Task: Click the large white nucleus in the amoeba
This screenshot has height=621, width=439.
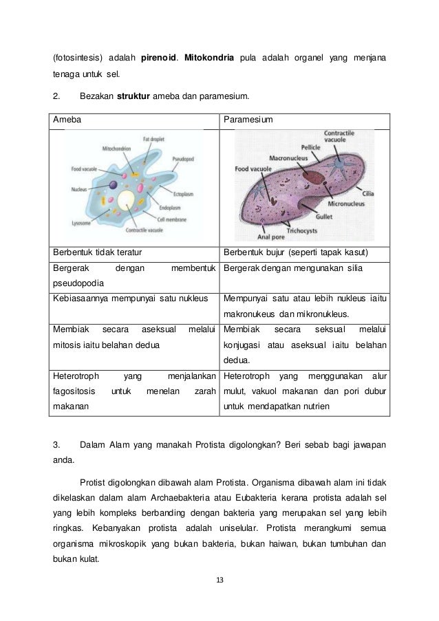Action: click(x=126, y=200)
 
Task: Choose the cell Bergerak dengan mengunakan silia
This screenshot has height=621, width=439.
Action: click(x=290, y=268)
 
